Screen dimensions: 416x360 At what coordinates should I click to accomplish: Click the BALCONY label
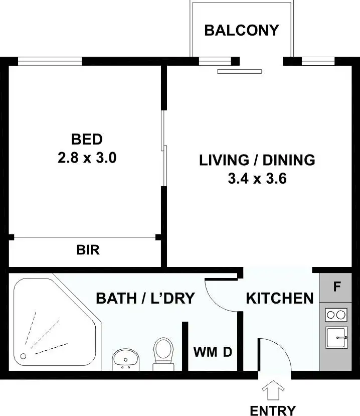pyautogui.click(x=241, y=30)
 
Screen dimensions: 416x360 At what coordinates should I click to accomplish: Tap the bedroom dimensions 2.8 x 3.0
pyautogui.click(x=87, y=158)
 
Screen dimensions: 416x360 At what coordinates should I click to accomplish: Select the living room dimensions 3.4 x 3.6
pyautogui.click(x=257, y=179)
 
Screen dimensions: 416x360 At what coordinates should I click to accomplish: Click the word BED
pyautogui.click(x=87, y=139)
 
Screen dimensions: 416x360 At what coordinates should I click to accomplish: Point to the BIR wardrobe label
pyautogui.click(x=88, y=250)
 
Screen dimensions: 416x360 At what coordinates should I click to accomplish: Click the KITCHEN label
pyautogui.click(x=279, y=298)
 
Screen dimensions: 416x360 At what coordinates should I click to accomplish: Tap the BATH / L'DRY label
pyautogui.click(x=145, y=299)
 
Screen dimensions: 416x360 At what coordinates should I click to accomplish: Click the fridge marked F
pyautogui.click(x=337, y=288)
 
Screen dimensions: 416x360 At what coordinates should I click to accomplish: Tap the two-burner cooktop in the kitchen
pyautogui.click(x=336, y=315)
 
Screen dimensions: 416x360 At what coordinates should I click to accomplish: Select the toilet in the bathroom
pyautogui.click(x=163, y=351)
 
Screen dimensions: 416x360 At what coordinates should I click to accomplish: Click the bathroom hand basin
pyautogui.click(x=126, y=359)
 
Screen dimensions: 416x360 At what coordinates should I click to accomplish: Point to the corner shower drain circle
pyautogui.click(x=23, y=356)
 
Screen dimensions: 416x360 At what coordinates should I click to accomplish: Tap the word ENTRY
pyautogui.click(x=273, y=410)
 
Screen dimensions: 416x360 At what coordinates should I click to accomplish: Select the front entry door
pyautogui.click(x=274, y=356)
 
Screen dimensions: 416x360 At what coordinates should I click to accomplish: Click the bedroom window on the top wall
pyautogui.click(x=50, y=62)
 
